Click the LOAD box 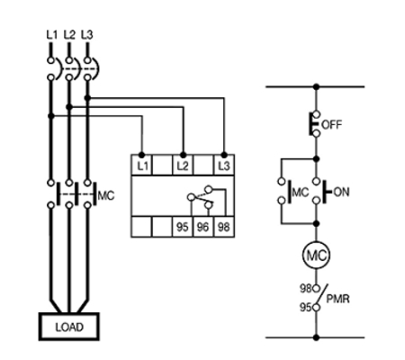tap(69, 327)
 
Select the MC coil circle tap(316, 256)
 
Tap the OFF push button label tap(331, 124)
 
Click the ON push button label tap(341, 192)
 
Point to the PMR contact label tap(337, 299)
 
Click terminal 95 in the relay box tap(183, 227)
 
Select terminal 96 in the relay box tap(202, 227)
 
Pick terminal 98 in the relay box tap(224, 227)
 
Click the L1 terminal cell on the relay tap(142, 165)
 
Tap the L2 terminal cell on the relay tap(183, 165)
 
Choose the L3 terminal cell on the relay tap(224, 165)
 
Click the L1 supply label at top tap(51, 35)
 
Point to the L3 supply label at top tap(87, 35)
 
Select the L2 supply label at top tap(69, 35)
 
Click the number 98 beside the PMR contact tap(306, 288)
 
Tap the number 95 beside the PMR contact tap(306, 308)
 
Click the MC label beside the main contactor tap(106, 195)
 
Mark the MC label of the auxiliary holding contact tap(301, 192)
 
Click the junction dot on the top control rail tap(316, 86)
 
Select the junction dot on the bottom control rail tap(316, 337)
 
